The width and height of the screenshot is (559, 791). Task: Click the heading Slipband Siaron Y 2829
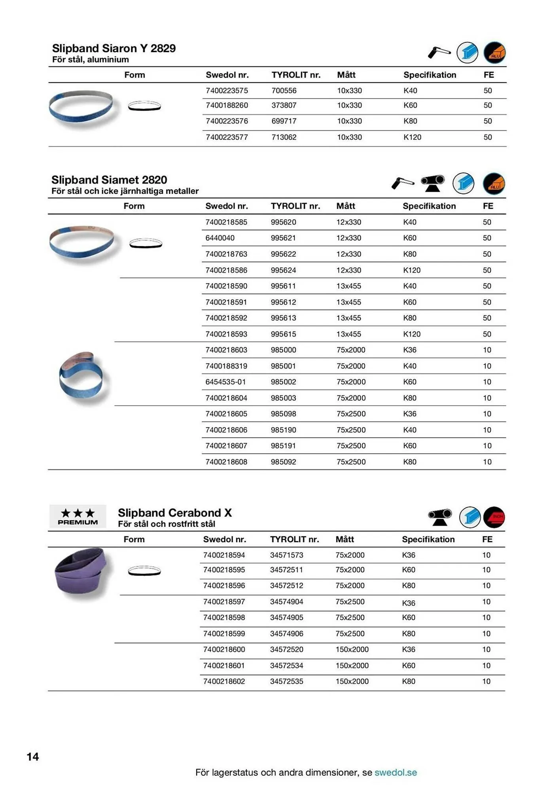point(114,48)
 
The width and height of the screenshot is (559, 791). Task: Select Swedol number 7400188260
point(227,106)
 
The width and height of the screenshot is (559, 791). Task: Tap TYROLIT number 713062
point(284,137)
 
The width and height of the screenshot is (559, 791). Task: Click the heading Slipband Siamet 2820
point(109,180)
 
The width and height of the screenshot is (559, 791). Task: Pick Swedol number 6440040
point(220,238)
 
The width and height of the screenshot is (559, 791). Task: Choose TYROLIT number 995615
point(283,334)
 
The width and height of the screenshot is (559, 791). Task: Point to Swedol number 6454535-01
point(225,382)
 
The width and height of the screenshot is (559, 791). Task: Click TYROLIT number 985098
point(283,414)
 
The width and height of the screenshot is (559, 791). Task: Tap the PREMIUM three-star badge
point(78,517)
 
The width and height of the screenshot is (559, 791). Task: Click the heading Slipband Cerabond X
point(174,513)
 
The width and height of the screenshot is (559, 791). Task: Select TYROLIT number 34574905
point(286,618)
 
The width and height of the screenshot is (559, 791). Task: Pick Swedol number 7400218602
point(224,681)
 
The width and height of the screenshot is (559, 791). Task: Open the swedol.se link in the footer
point(395,772)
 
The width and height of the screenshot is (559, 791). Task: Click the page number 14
point(33,757)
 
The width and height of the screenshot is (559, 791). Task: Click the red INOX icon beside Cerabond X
point(494,517)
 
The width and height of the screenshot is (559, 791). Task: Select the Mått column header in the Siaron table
point(346,75)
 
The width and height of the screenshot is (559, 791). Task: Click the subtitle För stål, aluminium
point(91,60)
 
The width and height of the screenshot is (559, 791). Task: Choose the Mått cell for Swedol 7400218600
point(352,649)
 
